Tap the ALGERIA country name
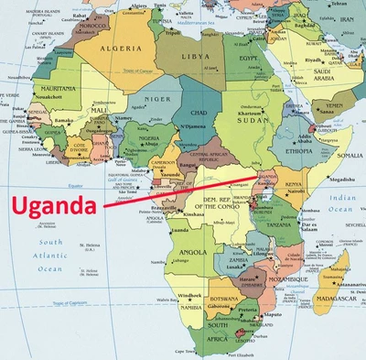(x=120, y=48)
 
